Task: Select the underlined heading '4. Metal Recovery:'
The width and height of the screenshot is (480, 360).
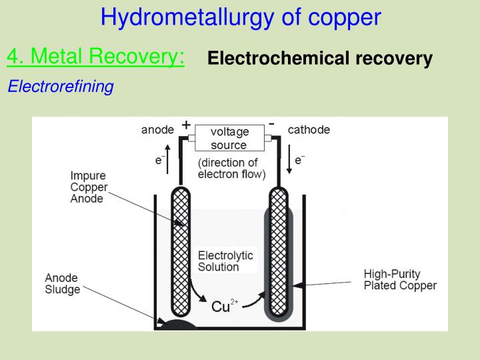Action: point(96,57)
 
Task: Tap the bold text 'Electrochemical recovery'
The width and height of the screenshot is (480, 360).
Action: point(320,59)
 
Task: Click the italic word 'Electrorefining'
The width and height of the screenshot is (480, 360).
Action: point(61,87)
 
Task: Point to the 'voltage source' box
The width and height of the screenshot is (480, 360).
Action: point(229,139)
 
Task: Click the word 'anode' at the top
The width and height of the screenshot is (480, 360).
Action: point(158,130)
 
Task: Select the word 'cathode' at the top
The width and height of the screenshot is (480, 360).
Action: point(309,130)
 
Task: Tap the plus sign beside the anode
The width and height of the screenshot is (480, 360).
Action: point(186,125)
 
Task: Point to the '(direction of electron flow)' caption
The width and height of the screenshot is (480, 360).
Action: point(231,169)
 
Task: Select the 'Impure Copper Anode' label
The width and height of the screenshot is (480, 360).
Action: point(88,187)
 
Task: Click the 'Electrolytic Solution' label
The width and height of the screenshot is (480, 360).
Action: point(225,261)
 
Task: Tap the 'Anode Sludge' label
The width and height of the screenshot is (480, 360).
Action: point(62,283)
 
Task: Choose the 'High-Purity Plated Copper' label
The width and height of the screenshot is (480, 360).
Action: point(400,280)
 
